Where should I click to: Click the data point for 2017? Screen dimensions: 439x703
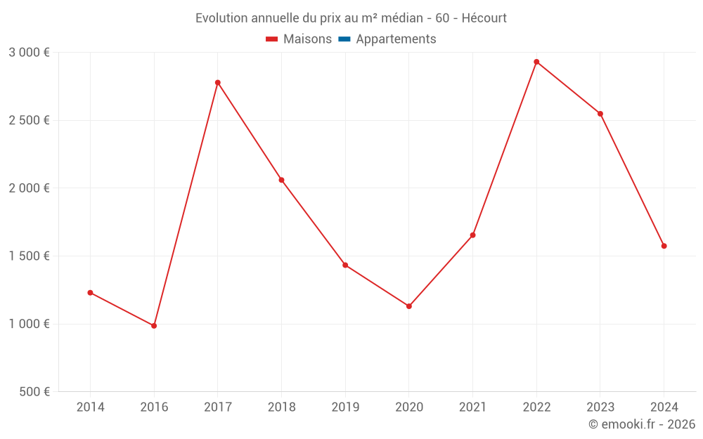[218, 83]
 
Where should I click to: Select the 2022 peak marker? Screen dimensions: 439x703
[536, 62]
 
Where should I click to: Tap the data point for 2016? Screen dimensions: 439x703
[154, 326]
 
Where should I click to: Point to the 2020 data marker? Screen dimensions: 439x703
[409, 306]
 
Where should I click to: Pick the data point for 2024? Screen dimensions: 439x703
[664, 246]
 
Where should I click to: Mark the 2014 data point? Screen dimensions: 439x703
[90, 293]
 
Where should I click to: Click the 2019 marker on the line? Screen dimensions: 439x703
[345, 265]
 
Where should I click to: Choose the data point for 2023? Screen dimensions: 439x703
[600, 114]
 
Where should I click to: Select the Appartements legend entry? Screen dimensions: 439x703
[396, 39]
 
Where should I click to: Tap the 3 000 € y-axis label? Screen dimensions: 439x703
[29, 53]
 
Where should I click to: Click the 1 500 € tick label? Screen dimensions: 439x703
[29, 256]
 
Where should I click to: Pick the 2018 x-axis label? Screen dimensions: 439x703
[281, 407]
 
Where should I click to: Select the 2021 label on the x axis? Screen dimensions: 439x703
[472, 407]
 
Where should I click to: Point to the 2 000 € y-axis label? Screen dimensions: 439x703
[29, 188]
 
